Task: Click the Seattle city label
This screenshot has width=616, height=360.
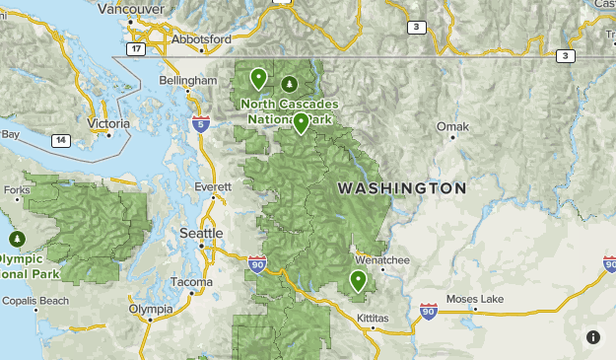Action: click(201, 233)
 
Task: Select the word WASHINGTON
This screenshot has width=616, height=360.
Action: click(401, 187)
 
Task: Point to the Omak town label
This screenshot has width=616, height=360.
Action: click(453, 126)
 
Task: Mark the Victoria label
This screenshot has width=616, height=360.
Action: click(107, 123)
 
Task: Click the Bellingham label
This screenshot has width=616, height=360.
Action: click(187, 80)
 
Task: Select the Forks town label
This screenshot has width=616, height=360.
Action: click(17, 189)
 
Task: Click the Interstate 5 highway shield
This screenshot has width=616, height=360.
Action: click(201, 123)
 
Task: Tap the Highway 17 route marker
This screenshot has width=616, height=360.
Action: click(136, 48)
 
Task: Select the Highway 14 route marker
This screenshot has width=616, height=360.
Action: click(61, 141)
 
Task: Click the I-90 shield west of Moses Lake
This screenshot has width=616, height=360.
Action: click(428, 312)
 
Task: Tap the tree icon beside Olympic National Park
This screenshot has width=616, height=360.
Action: click(17, 239)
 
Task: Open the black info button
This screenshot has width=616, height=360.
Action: click(593, 337)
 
